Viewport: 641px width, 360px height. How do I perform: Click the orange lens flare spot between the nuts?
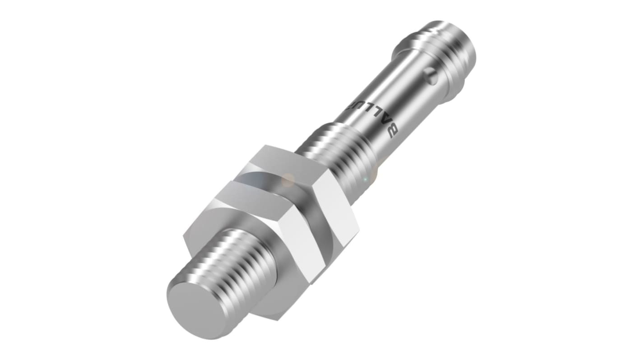click(288, 180)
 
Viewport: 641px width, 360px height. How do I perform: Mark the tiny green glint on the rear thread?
click(365, 180)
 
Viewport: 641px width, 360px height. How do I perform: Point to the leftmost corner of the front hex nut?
click(184, 236)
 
